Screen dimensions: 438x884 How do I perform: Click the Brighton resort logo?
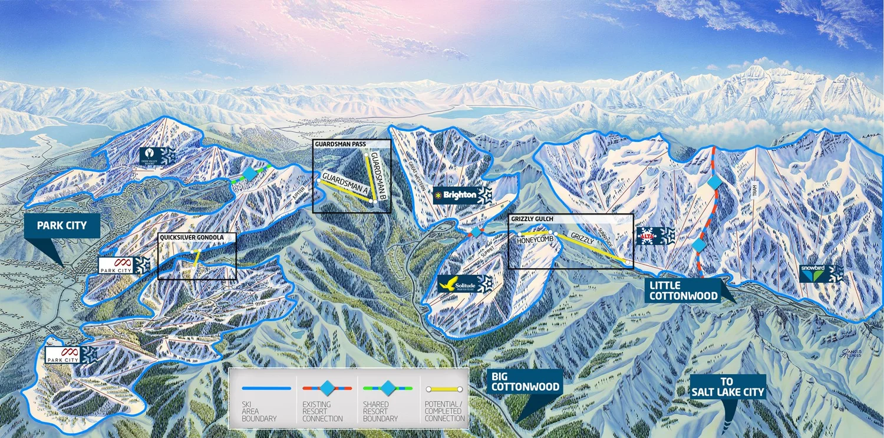pos(456,195)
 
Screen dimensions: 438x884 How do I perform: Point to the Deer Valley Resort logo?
pos(150,156)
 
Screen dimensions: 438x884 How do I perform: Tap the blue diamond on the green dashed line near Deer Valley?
pos(250,173)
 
